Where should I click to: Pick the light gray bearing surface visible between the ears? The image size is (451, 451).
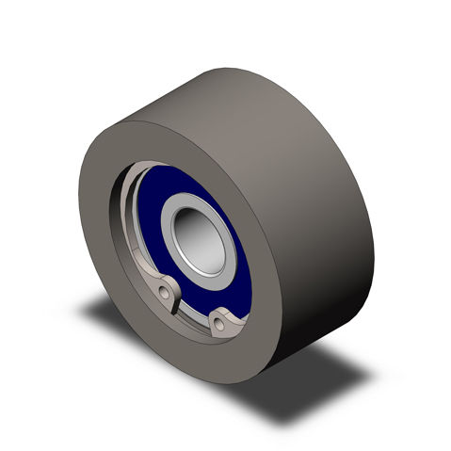click(196, 301)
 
